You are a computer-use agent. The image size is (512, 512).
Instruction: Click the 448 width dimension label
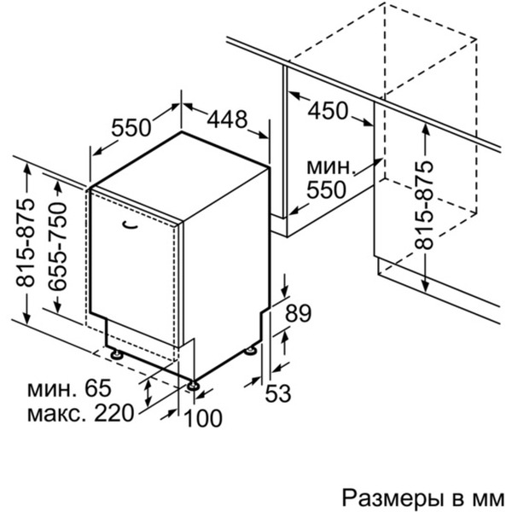216,119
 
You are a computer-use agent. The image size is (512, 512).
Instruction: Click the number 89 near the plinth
296,314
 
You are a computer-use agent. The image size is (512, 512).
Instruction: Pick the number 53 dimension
277,393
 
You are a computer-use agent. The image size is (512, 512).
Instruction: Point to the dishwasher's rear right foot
251,350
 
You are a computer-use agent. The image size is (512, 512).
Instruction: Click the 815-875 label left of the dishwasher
27,243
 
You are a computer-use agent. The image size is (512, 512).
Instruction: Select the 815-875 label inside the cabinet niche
424,204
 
